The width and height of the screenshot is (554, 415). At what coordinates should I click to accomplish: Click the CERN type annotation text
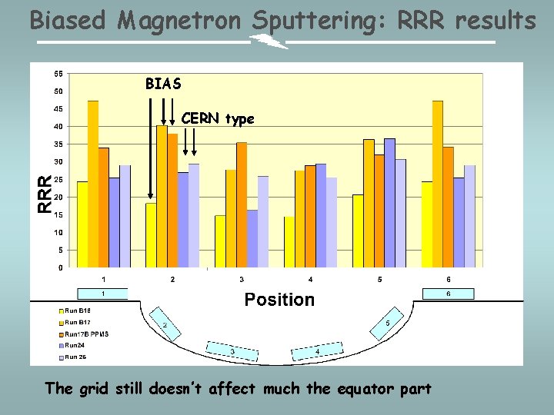218,118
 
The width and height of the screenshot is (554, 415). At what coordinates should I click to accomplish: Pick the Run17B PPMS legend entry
85,334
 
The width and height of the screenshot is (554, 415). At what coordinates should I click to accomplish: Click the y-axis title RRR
46,194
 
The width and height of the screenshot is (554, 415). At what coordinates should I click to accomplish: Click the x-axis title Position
279,300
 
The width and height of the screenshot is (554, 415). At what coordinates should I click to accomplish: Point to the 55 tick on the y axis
58,74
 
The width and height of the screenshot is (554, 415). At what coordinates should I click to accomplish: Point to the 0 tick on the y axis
61,267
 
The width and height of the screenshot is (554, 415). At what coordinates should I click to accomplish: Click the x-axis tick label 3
242,279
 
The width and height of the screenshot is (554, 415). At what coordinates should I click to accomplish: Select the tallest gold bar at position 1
93,184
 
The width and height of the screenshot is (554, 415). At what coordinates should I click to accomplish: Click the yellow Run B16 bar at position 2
151,234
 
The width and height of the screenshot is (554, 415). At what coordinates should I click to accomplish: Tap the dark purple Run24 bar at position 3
252,238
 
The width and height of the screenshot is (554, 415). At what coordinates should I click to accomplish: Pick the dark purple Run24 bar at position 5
389,203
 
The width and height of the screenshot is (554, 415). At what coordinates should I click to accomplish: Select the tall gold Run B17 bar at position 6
437,184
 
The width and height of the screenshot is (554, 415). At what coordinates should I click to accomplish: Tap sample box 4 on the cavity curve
315,352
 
